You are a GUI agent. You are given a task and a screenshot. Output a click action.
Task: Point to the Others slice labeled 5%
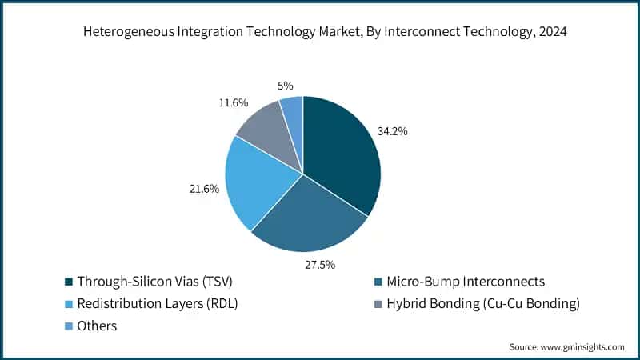[293, 112]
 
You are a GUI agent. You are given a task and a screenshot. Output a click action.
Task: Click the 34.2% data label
[392, 130]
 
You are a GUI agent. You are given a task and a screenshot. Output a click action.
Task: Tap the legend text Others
[97, 326]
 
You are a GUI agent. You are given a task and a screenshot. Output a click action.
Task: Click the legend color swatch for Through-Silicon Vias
[69, 282]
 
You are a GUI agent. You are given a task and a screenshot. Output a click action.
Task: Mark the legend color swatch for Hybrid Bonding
[377, 303]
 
